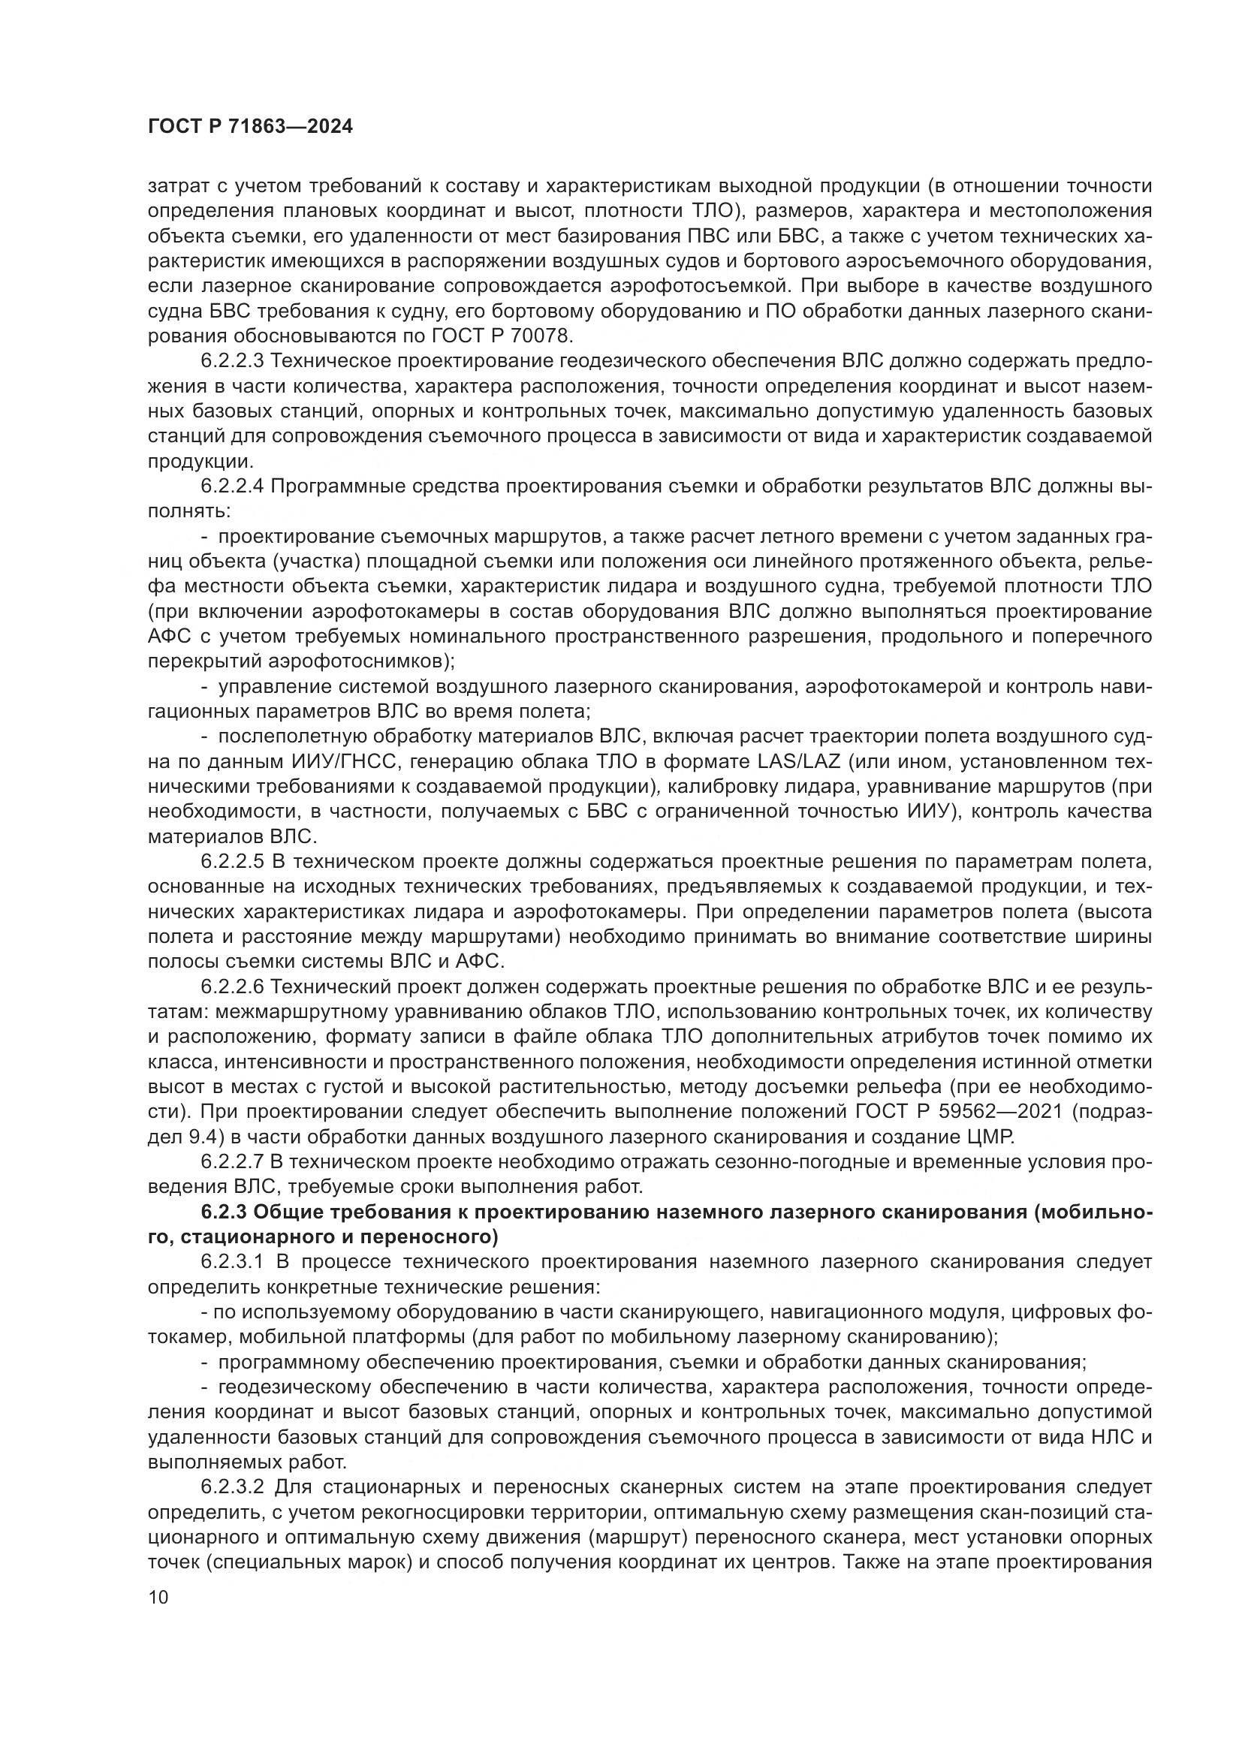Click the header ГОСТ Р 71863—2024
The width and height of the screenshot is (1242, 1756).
click(250, 128)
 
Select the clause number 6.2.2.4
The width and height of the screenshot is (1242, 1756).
click(232, 486)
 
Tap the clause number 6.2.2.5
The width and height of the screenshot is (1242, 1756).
click(232, 862)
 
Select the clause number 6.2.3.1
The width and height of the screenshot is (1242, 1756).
click(232, 1262)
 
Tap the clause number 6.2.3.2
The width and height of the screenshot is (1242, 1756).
click(232, 1487)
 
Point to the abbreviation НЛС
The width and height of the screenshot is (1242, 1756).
click(1107, 1438)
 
